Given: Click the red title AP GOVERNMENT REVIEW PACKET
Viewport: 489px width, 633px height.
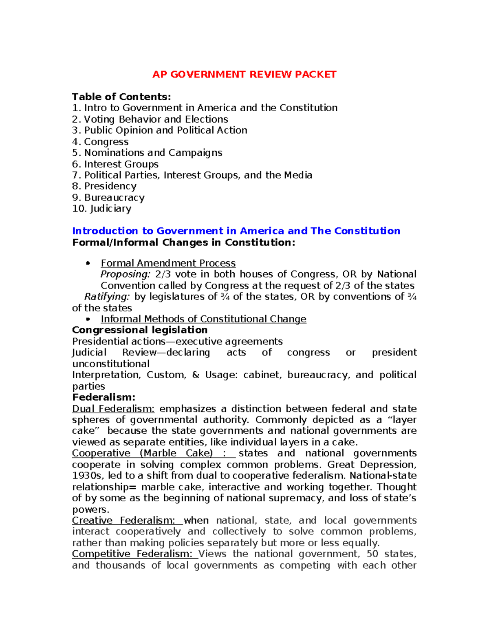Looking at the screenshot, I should pyautogui.click(x=244, y=75).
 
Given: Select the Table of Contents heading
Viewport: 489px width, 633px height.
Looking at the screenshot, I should pyautogui.click(x=121, y=97).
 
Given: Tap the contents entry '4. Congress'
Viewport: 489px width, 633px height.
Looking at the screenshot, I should pyautogui.click(x=100, y=142).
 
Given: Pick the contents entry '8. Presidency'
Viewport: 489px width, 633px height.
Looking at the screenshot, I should pyautogui.click(x=104, y=186).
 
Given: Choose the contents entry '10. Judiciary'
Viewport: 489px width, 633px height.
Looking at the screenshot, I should pyautogui.click(x=102, y=209).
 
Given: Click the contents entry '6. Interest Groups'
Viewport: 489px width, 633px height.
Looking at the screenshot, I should pyautogui.click(x=115, y=164).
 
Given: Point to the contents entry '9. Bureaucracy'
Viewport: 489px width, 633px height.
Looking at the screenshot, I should pyautogui.click(x=108, y=198).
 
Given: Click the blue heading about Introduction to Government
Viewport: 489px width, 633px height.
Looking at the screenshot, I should pyautogui.click(x=236, y=231).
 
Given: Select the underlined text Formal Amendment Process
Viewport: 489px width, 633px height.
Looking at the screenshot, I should pyautogui.click(x=168, y=263).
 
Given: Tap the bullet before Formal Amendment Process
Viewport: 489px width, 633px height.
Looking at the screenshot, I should pyautogui.click(x=88, y=263).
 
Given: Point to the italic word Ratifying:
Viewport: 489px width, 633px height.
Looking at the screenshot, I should pyautogui.click(x=107, y=297).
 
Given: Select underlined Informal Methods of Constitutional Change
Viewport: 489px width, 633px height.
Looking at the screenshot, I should pyautogui.click(x=203, y=319).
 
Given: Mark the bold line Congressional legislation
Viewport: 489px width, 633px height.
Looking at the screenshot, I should pyautogui.click(x=140, y=330).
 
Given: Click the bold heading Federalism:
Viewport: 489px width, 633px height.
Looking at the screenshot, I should pyautogui.click(x=104, y=397).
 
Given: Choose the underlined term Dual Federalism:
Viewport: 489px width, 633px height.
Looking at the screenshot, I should pyautogui.click(x=113, y=409).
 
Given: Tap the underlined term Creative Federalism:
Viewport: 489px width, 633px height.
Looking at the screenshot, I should pyautogui.click(x=123, y=521).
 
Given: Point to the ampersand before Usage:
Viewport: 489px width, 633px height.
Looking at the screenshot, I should pyautogui.click(x=196, y=375).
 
